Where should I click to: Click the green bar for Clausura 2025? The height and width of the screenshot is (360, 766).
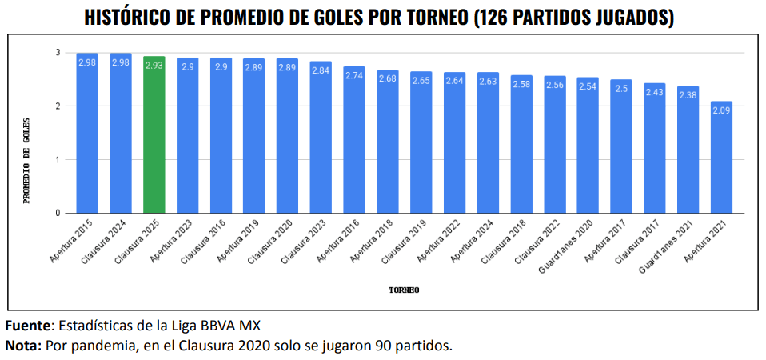tap(154, 136)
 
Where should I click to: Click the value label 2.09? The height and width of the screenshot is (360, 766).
tap(721, 110)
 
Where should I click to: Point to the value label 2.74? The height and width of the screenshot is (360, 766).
tap(354, 74)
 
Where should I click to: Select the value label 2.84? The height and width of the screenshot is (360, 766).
tap(321, 70)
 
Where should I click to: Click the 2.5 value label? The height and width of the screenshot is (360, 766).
tap(621, 88)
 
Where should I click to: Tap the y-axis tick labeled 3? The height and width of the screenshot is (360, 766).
tap(58, 53)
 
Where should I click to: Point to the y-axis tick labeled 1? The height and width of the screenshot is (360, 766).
tap(58, 160)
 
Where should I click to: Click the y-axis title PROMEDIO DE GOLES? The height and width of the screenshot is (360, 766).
tap(26, 160)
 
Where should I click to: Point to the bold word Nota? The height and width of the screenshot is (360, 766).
tap(23, 346)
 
